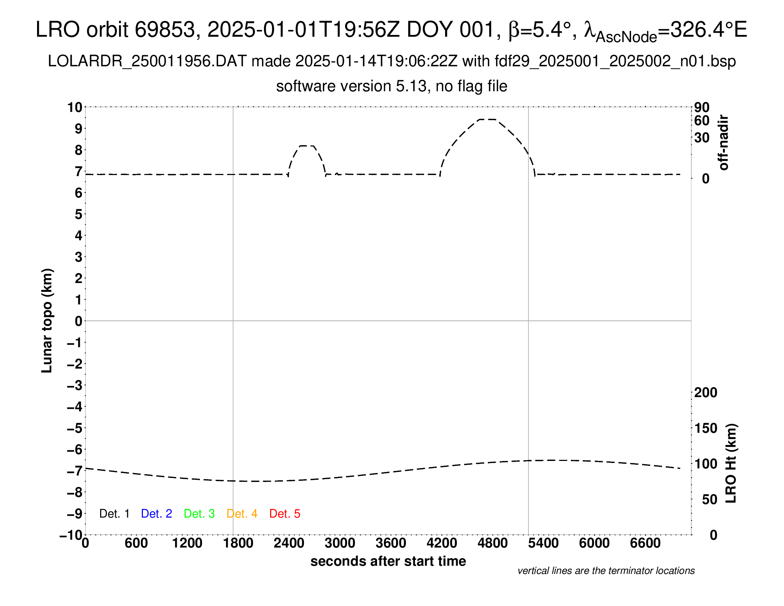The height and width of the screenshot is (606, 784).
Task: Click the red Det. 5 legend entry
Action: click(285, 514)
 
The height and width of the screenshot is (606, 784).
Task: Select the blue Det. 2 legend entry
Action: click(156, 514)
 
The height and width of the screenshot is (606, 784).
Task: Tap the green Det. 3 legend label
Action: click(199, 514)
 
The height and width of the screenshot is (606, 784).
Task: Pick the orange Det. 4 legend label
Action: click(242, 514)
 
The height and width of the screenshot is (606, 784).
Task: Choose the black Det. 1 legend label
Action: click(114, 514)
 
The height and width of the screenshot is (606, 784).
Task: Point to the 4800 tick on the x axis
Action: click(492, 543)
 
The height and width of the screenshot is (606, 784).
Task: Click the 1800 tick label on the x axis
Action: click(238, 543)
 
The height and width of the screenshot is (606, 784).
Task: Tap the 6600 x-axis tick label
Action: click(645, 543)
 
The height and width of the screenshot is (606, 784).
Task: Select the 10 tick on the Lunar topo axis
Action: click(75, 107)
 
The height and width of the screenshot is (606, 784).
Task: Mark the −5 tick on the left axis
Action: click(75, 428)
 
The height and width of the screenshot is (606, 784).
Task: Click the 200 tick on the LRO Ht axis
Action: click(705, 393)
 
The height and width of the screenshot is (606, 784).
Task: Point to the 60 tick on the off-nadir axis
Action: click(702, 120)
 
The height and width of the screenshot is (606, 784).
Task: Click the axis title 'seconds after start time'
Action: click(388, 561)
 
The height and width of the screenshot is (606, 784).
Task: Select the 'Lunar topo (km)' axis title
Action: click(47, 320)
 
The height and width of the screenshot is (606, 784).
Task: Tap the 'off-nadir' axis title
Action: click(723, 143)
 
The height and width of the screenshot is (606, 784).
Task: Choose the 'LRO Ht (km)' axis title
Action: click(731, 463)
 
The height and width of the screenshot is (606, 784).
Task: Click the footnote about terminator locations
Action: click(606, 571)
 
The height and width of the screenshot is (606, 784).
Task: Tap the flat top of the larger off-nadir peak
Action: click(488, 119)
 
